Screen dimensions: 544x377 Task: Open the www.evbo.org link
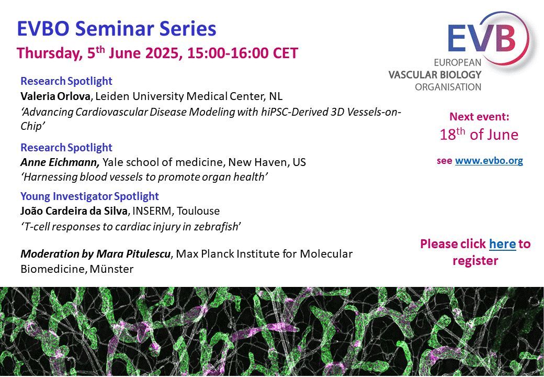coord(489,161)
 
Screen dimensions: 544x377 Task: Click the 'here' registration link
coord(502,243)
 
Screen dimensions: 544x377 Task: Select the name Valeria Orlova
coord(55,96)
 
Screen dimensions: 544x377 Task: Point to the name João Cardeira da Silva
coord(74,210)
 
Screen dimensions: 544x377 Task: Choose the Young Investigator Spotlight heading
coord(89,196)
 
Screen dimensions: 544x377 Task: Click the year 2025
coord(164,53)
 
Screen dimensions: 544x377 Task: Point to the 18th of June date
coord(479,135)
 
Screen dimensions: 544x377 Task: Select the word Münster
coord(111,269)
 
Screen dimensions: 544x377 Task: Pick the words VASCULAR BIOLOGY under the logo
coord(435,75)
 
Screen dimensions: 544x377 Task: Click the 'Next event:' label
coord(479,117)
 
